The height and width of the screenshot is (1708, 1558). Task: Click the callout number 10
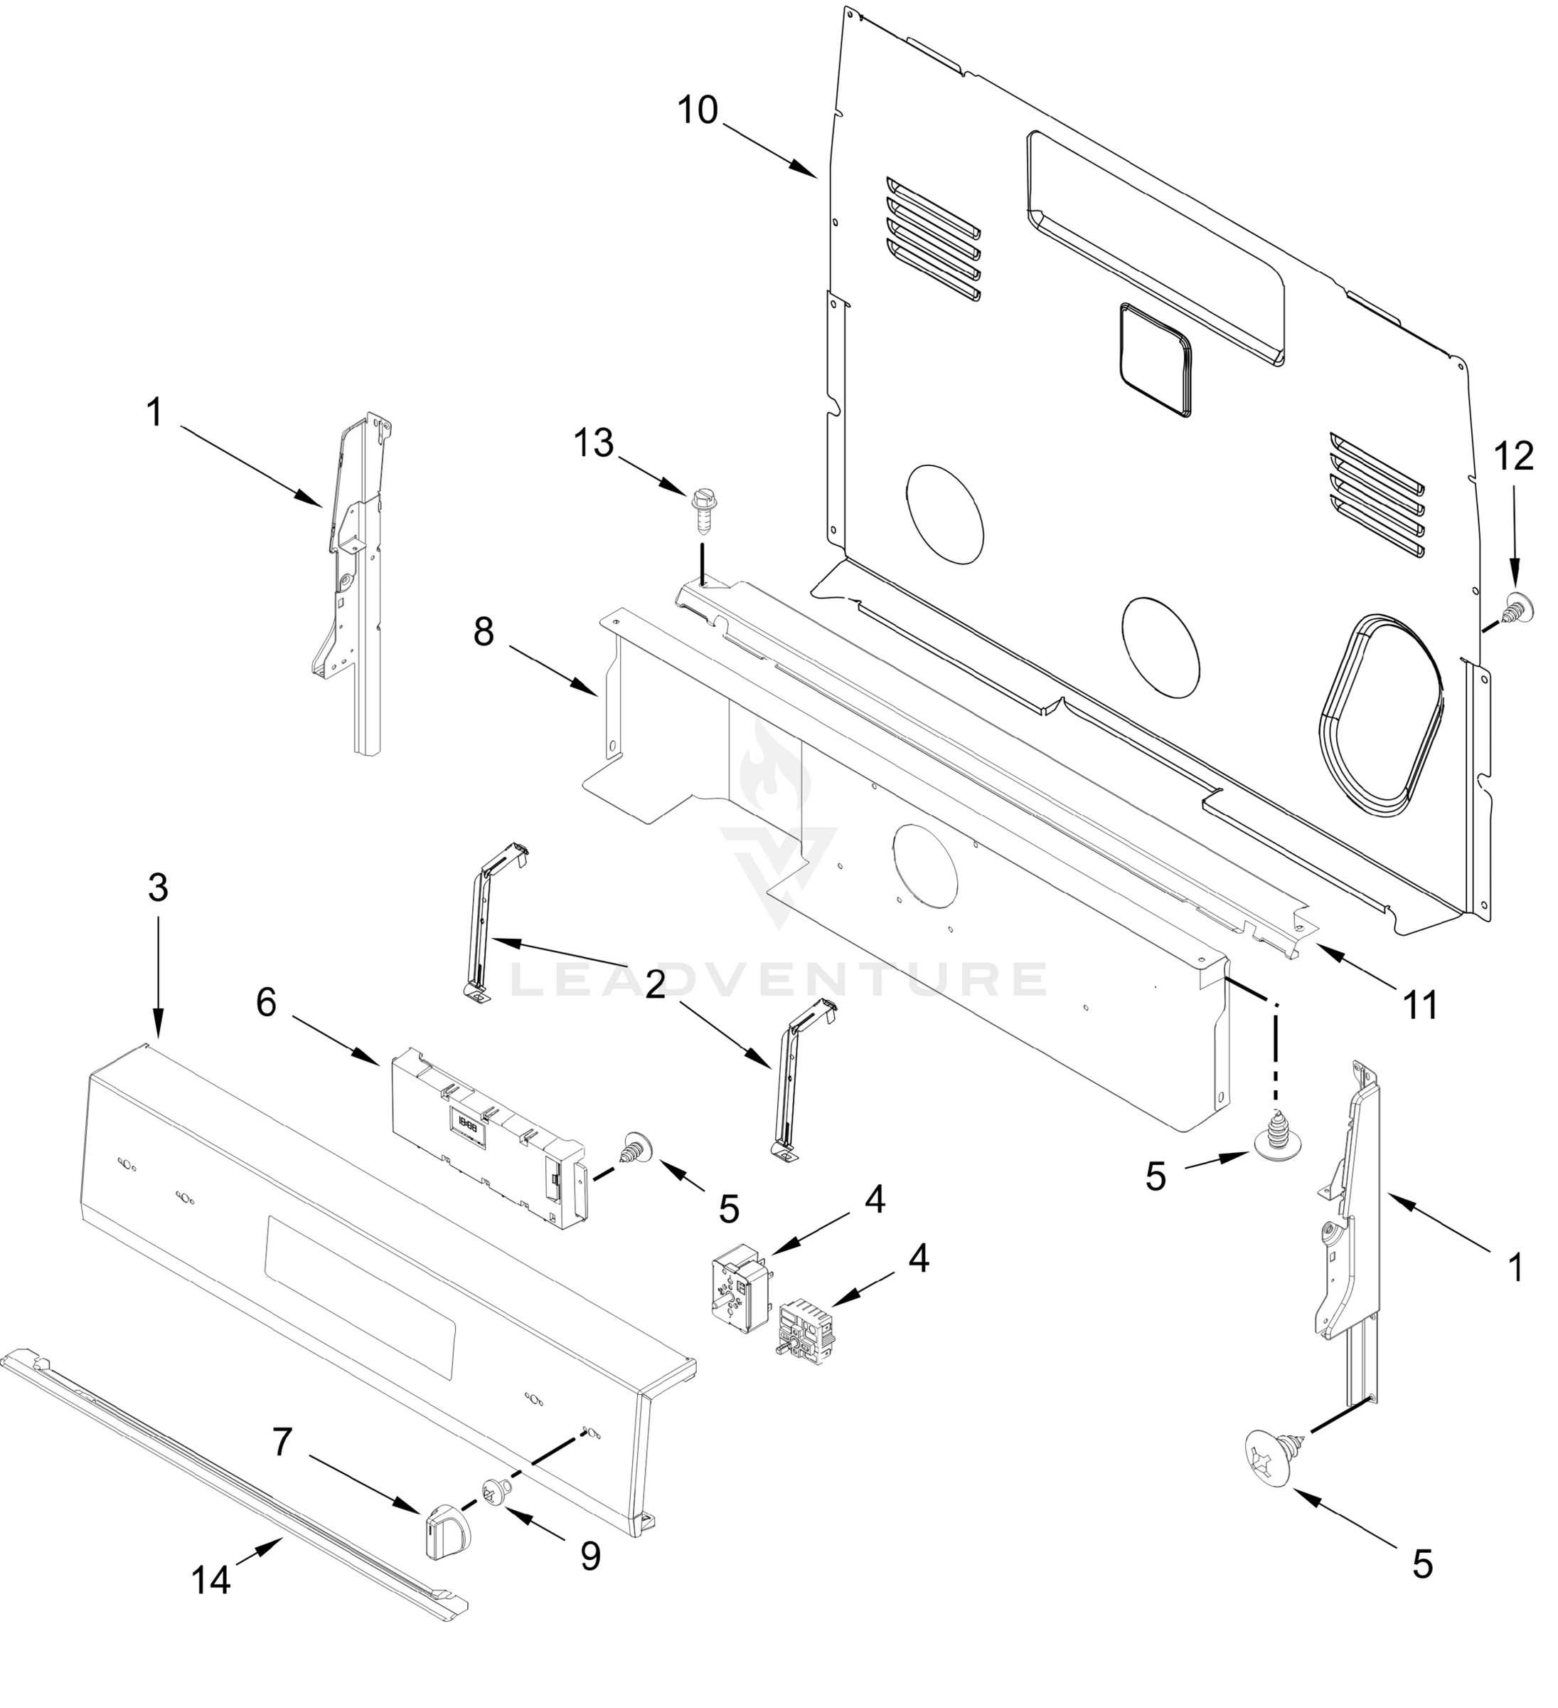click(698, 111)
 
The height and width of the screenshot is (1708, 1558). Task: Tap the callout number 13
click(594, 443)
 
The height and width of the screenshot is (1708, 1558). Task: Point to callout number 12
click(1514, 457)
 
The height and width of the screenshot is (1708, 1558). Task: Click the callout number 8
click(484, 632)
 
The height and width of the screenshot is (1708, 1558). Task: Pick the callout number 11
click(1421, 1006)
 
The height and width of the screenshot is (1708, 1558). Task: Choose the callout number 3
click(157, 888)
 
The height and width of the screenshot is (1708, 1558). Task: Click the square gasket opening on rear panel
click(1155, 361)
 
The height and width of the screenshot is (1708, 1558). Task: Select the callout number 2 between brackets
click(654, 986)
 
